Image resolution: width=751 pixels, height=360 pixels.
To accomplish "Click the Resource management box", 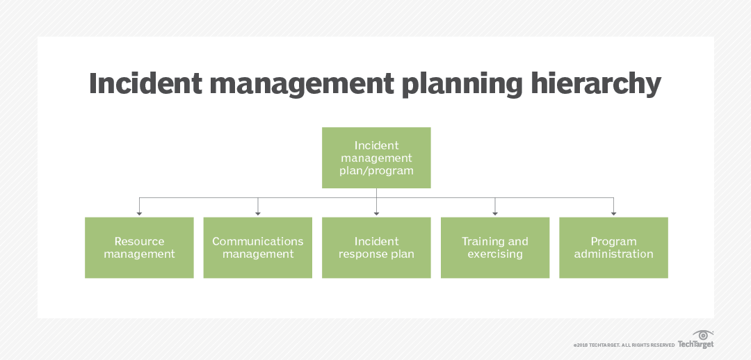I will pos(139,247).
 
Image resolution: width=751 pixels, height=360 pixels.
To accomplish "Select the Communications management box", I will pos(257,247).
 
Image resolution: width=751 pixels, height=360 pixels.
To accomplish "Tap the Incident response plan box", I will pos(376,247).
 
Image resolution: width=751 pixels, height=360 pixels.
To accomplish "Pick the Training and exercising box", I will pos(495,247).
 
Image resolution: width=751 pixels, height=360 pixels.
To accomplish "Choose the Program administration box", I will pos(613,247).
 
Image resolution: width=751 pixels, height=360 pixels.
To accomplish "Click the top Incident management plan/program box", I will pos(376,158).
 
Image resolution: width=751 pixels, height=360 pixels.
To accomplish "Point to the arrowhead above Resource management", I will pos(140,211).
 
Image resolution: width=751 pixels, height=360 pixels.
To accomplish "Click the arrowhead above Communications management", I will pos(258,211).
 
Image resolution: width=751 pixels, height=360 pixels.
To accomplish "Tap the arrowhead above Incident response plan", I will pos(376,211).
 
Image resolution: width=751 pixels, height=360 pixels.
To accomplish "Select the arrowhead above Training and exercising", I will pos(495,211).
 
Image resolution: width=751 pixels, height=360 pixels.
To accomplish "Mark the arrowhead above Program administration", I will pos(613,211).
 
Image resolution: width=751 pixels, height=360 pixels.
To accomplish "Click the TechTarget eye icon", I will pos(703,335).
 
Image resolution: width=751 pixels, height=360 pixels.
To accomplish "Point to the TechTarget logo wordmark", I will pos(695,344).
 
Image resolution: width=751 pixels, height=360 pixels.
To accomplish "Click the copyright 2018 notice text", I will pos(624,345).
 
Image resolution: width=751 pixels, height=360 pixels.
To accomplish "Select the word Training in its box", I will pos(481,241).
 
